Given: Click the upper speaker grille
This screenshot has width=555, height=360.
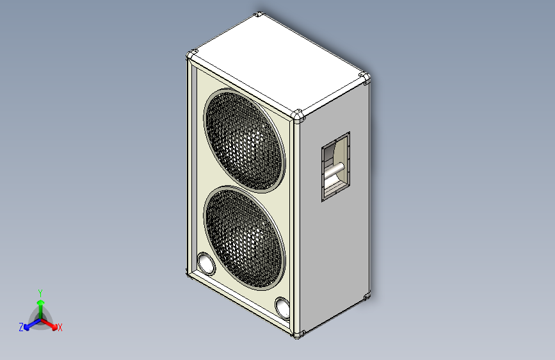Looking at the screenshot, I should click(244, 141).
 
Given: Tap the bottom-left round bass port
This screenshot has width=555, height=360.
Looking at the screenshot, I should click(205, 264).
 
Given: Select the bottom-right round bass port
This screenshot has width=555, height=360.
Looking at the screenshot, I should click(282, 307).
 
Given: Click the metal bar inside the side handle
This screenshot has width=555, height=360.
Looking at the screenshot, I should click(334, 171).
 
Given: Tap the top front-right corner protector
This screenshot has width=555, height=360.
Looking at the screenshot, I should click(298, 116).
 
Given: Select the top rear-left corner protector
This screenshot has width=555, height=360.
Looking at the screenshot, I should click(258, 15).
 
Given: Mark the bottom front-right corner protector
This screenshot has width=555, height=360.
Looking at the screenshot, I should click(298, 334).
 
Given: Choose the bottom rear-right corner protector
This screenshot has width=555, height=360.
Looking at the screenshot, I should click(367, 296).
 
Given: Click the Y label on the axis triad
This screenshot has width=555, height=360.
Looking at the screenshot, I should click(40, 291).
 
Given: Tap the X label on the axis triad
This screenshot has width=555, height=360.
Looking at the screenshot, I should click(60, 328).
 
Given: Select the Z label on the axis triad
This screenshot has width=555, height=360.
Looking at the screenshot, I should click(21, 327).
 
